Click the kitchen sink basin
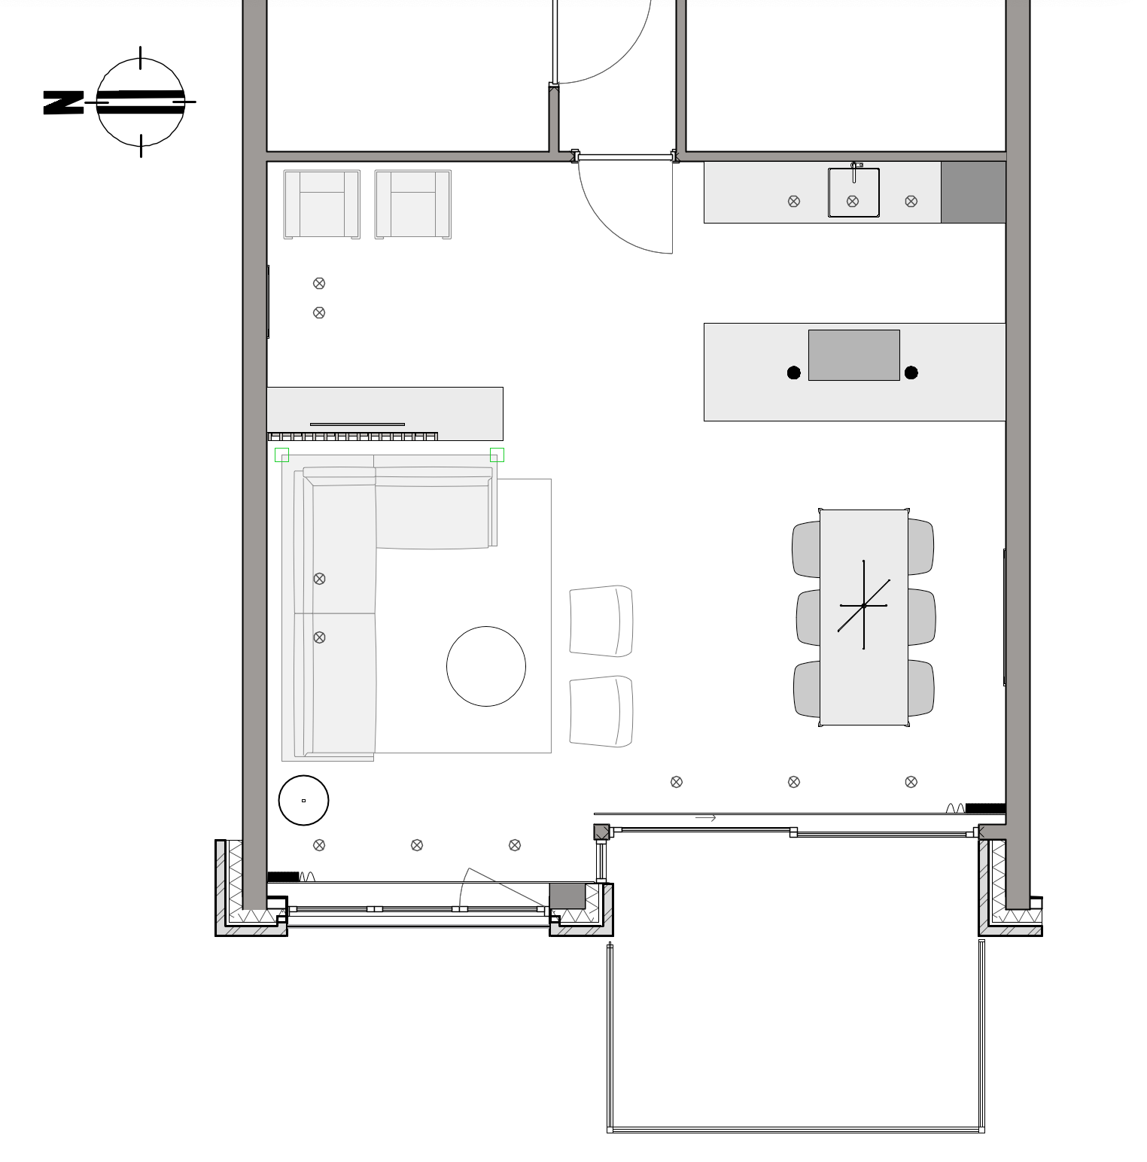853,193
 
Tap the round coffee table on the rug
486,666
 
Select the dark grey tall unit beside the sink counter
973,192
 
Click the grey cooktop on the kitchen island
854,355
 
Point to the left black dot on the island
793,373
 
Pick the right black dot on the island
911,373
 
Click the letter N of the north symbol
63,103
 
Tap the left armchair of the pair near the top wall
322,205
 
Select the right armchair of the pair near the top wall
413,205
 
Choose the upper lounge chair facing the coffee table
601,622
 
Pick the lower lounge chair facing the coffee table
601,711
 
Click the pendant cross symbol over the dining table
864,605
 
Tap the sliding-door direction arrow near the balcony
705,818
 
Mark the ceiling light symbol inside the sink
853,201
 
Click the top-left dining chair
806,549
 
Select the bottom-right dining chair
921,689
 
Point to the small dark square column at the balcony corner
601,832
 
